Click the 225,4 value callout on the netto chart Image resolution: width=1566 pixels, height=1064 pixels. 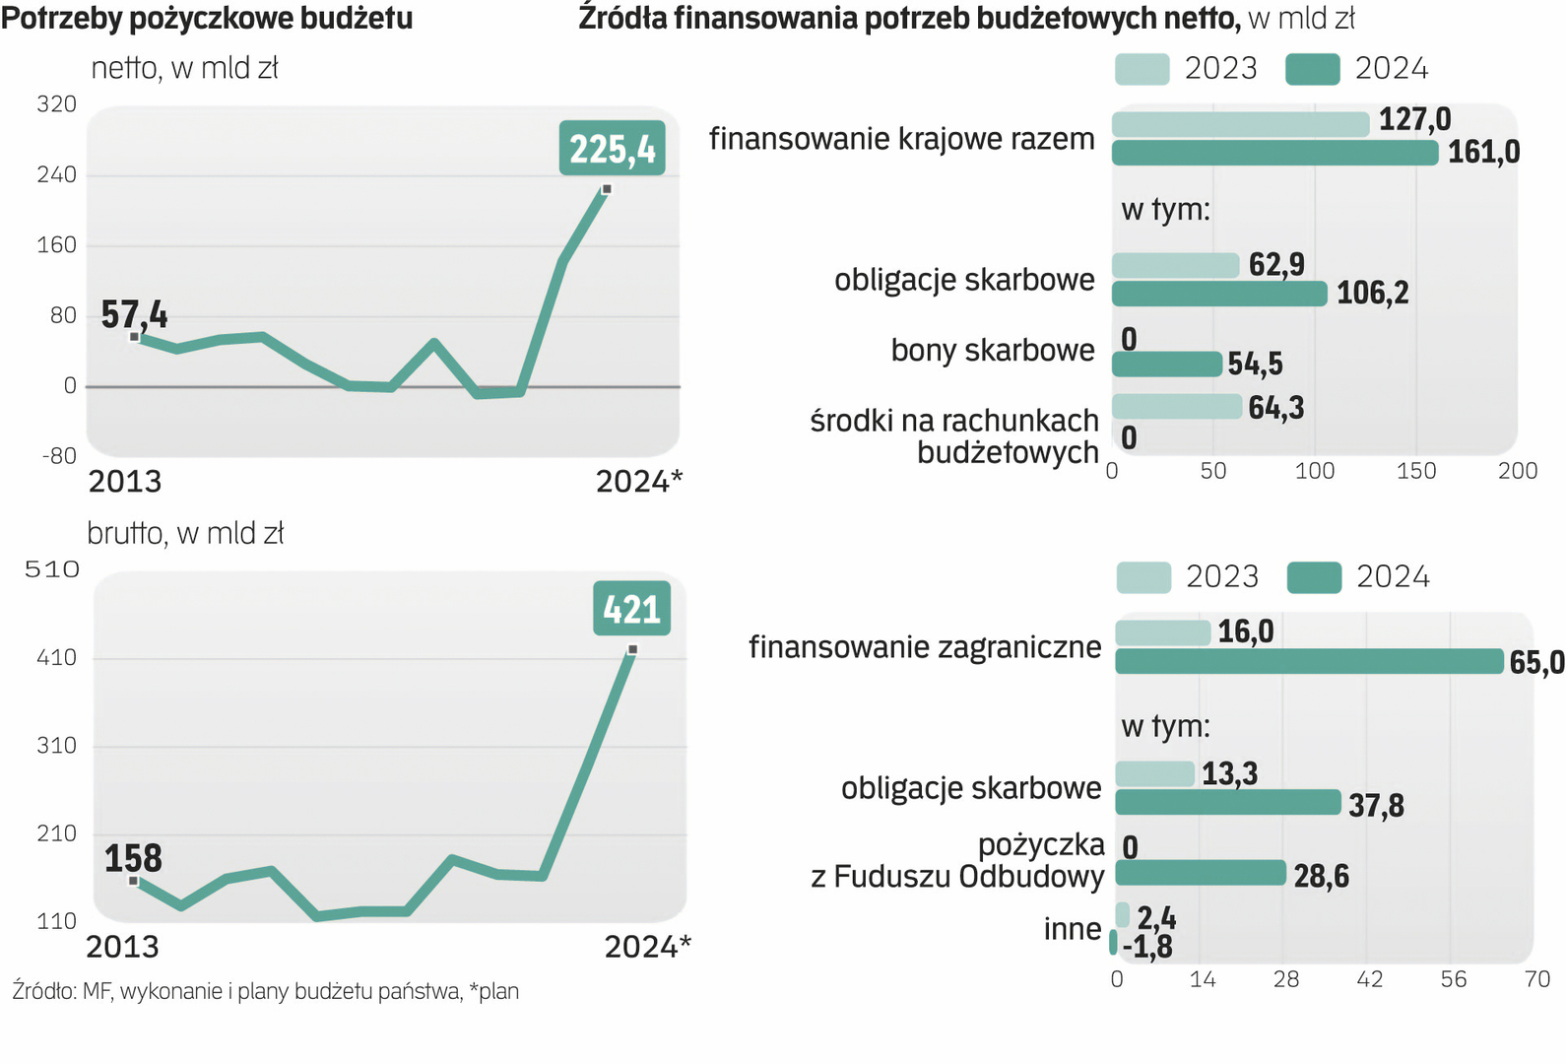612,149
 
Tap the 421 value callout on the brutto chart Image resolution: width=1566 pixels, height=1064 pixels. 631,609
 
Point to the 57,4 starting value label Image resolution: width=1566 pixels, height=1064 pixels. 134,315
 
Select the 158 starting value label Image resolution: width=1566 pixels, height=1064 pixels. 133,858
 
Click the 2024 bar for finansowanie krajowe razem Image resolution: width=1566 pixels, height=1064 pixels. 1274,153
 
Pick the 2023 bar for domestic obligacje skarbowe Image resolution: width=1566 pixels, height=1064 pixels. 1175,265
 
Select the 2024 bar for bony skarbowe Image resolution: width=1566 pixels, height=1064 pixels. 1167,365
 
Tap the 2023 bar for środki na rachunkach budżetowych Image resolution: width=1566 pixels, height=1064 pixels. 1177,406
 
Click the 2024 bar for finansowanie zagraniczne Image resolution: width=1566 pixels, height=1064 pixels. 1309,661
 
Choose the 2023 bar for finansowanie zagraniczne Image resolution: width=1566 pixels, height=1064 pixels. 1162,632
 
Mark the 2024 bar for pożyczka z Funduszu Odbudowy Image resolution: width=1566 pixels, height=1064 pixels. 1201,873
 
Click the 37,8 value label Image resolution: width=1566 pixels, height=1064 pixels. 1376,806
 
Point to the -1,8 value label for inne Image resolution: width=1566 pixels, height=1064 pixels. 1147,947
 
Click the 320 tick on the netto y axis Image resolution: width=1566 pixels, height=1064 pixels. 56,104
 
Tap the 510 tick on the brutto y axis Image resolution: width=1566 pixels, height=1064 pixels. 51,569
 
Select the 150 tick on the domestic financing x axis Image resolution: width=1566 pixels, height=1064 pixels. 1415,471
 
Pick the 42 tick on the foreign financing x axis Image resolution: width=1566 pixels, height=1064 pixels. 1369,979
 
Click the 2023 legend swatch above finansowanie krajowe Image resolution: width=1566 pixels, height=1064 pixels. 1142,69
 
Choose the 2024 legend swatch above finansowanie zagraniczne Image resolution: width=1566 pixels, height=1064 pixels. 1314,577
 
